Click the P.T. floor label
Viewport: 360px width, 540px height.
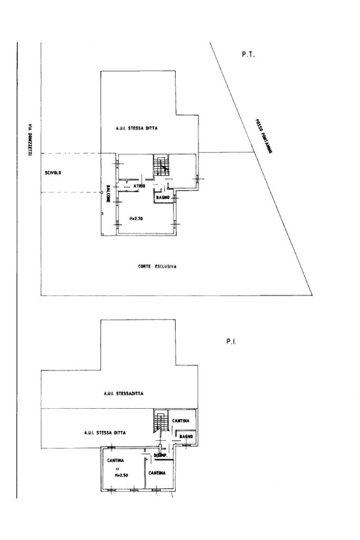coord(248,54)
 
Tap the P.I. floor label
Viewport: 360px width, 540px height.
coord(230,341)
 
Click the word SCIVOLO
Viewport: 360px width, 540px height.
coord(54,172)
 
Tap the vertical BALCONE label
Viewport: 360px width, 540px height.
coord(108,193)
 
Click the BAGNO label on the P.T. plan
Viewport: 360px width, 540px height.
coord(162,197)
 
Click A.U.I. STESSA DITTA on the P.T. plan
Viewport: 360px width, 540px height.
coord(137,128)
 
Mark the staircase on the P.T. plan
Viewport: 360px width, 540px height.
coord(161,165)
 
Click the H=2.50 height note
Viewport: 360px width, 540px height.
coord(122,475)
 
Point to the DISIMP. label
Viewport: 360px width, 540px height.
coord(160,456)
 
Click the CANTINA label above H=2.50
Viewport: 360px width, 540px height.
coord(116,460)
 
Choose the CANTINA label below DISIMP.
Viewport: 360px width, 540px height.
coord(157,473)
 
